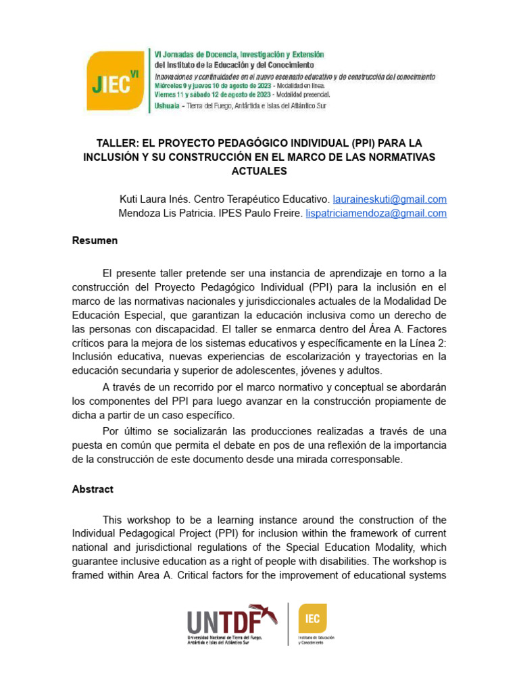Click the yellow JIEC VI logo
(x=115, y=81)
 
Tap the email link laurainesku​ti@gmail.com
(x=390, y=199)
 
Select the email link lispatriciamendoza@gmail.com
(x=376, y=213)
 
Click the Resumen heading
(x=95, y=241)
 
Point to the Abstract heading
(x=93, y=489)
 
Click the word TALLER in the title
(x=119, y=143)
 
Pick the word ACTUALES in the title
(x=259, y=172)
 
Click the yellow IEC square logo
(x=312, y=618)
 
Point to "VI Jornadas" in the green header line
(x=179, y=54)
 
